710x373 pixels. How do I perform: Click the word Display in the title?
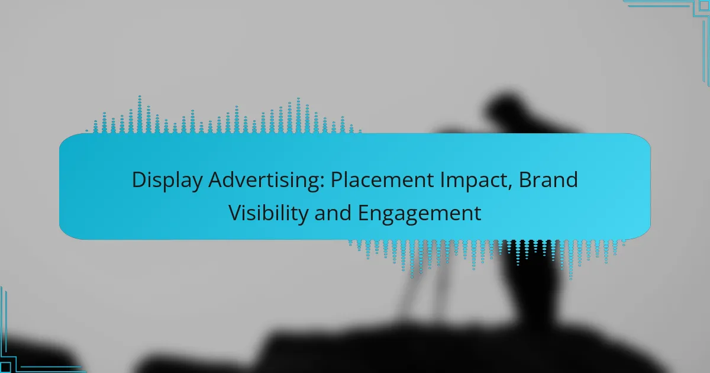click(167, 181)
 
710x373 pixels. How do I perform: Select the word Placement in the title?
click(382, 180)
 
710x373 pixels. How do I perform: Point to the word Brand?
click(548, 180)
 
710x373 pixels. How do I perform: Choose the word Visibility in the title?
click(268, 214)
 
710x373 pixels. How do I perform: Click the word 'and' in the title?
click(333, 213)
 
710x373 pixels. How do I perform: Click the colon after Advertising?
click(322, 183)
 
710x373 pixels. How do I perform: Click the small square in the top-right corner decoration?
click(704, 6)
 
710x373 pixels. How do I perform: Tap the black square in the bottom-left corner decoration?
click(5, 368)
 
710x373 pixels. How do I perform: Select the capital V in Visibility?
click(235, 213)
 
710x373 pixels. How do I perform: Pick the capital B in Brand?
click(525, 180)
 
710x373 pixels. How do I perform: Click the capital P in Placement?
click(337, 180)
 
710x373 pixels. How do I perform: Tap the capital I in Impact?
click(441, 180)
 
